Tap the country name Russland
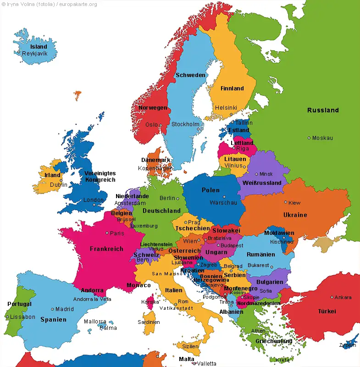click(x=323, y=110)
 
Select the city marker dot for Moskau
click(x=309, y=138)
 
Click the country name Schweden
click(x=190, y=75)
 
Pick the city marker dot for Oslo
click(x=161, y=125)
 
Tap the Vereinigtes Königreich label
click(x=100, y=177)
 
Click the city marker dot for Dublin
click(x=61, y=180)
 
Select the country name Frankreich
click(x=106, y=249)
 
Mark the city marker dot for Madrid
click(x=53, y=309)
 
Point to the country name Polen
click(x=210, y=190)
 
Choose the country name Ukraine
click(x=295, y=215)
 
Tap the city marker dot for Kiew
click(x=285, y=202)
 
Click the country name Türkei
click(x=327, y=311)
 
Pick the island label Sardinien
click(x=149, y=322)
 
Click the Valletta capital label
click(x=207, y=363)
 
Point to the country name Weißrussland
click(x=262, y=183)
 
